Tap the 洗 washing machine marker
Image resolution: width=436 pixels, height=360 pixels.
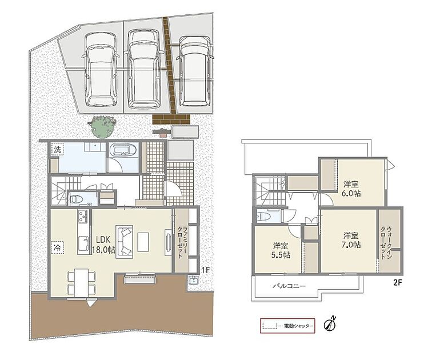(x=57, y=149)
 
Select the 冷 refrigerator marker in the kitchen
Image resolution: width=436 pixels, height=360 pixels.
(x=57, y=247)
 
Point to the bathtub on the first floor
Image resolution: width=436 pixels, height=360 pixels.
(x=123, y=151)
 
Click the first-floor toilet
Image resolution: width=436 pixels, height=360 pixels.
(x=77, y=199)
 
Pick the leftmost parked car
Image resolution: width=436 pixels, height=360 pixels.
(x=100, y=70)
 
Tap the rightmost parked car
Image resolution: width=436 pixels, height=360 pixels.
(x=195, y=71)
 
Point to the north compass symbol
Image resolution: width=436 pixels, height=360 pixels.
(x=331, y=324)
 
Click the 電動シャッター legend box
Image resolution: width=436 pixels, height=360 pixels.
(x=287, y=326)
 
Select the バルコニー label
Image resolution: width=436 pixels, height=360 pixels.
(x=289, y=286)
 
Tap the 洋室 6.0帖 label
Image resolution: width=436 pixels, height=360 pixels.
(x=352, y=189)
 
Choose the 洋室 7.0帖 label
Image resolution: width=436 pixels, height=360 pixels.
(x=352, y=240)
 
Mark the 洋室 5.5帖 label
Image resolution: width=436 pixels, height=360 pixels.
(x=281, y=250)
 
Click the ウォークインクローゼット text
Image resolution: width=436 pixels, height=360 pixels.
(x=386, y=243)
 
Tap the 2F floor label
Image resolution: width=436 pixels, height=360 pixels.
(x=398, y=283)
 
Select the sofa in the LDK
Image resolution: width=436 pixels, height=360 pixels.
(x=125, y=241)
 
